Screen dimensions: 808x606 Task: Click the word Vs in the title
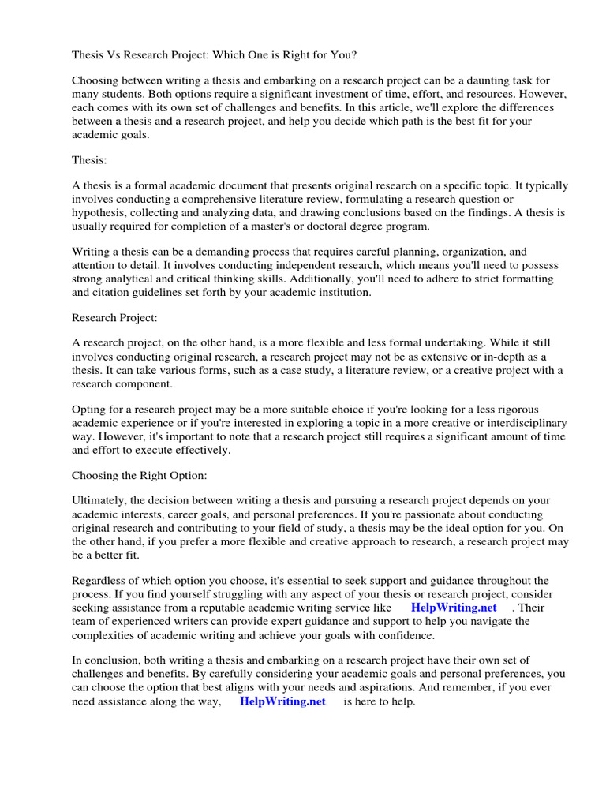(115, 56)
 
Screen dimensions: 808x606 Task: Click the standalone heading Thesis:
(89, 159)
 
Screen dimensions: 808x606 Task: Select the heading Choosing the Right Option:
(139, 476)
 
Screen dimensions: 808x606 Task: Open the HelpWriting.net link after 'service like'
(454, 608)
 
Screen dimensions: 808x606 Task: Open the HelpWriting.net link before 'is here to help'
(282, 701)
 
